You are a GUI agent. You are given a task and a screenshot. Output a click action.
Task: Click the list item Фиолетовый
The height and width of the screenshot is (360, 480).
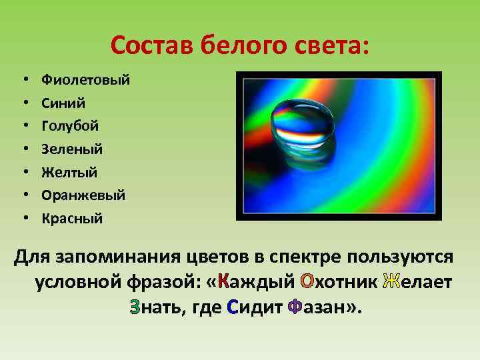[85, 80]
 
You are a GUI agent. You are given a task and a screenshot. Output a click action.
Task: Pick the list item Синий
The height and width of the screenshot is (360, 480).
[63, 103]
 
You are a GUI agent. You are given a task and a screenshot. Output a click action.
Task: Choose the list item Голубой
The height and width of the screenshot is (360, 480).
[70, 126]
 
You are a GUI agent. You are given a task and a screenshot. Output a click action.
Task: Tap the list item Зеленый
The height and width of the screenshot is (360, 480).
[72, 149]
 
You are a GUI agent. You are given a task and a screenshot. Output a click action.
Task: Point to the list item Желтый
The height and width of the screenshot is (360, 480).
[69, 172]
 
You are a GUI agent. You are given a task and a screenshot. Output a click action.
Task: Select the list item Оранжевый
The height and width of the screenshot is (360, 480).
[83, 195]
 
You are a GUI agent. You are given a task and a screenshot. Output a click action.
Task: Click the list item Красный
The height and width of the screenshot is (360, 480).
[72, 218]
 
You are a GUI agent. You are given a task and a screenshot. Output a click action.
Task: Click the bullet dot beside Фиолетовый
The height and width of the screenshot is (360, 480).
[25, 80]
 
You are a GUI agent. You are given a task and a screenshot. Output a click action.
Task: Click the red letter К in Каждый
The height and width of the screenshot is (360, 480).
[224, 282]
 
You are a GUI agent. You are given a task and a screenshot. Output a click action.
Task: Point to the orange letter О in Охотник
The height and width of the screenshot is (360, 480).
[307, 282]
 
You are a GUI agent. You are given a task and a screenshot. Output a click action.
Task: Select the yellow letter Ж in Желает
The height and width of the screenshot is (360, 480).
[391, 282]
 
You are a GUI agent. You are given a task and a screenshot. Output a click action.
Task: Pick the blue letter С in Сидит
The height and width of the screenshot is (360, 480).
[233, 308]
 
